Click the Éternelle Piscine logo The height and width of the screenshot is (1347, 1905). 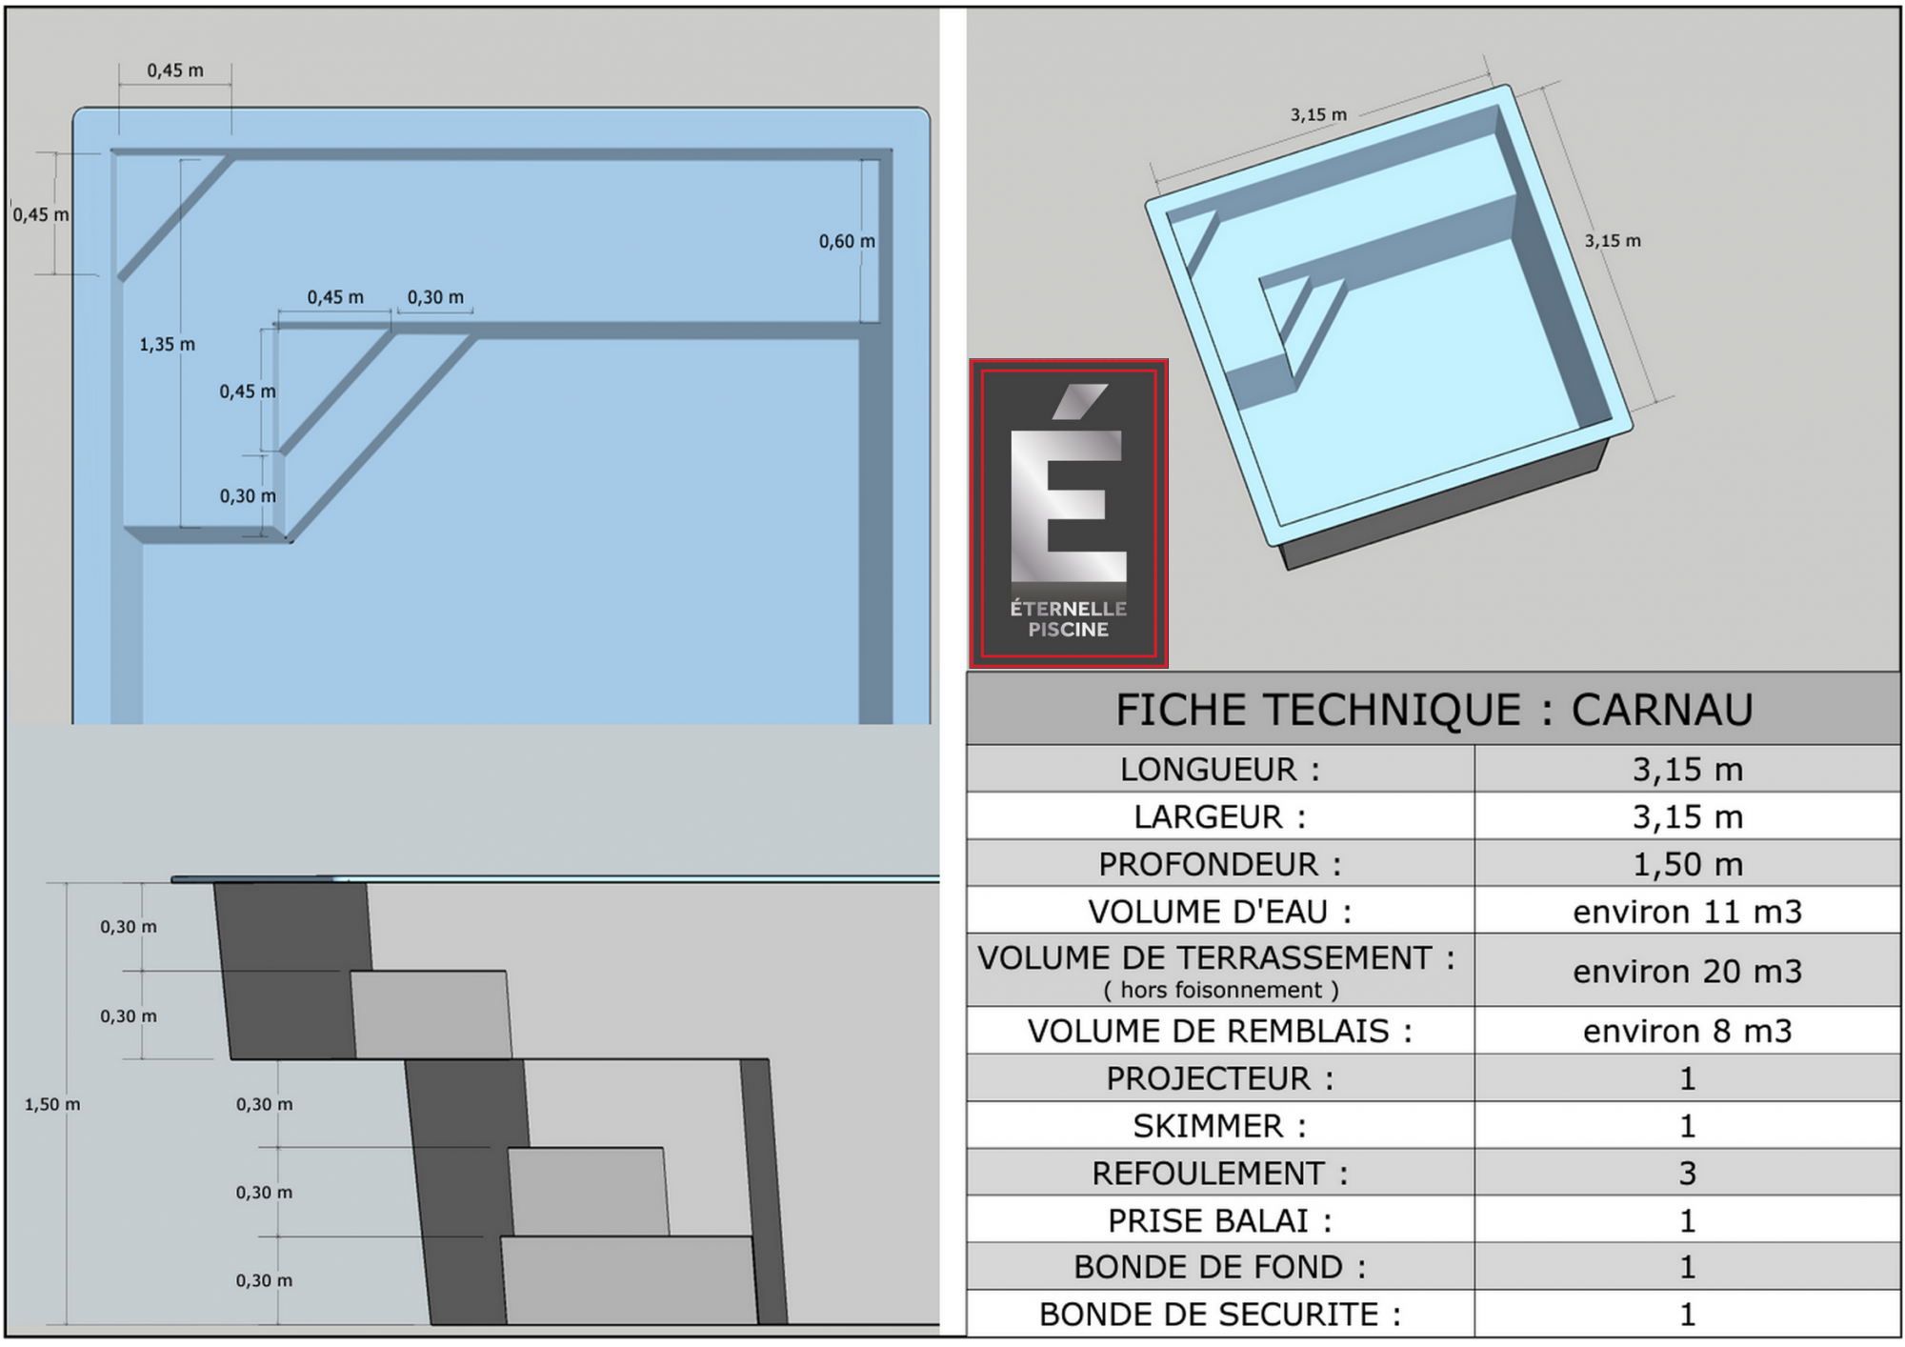coord(1069,513)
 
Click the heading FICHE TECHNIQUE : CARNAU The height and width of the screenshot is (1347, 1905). coord(1434,710)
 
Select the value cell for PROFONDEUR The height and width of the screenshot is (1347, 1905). coord(1688,864)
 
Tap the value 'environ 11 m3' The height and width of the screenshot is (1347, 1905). coord(1688,912)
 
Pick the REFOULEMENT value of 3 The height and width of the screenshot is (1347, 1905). coord(1688,1173)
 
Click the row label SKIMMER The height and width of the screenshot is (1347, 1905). coord(1220,1126)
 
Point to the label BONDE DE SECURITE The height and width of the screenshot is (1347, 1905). coord(1220,1315)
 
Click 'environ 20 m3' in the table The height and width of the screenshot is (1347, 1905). coord(1688,971)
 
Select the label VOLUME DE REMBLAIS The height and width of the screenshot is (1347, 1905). coord(1220,1031)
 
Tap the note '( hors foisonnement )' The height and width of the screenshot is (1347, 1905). coord(1221,990)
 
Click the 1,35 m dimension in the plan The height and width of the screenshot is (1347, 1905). coord(168,344)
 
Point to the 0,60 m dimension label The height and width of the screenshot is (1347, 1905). coord(847,241)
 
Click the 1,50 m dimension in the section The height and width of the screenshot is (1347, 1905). coord(52,1104)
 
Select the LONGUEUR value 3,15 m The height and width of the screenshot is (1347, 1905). coord(1688,769)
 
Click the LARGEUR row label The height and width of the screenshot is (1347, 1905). coord(1220,816)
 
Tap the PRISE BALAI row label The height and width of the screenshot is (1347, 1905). coord(1220,1220)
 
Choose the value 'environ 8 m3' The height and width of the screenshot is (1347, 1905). coord(1688,1031)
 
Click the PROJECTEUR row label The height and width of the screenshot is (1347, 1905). coord(1220,1078)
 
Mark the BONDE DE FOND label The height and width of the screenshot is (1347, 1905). coord(1220,1267)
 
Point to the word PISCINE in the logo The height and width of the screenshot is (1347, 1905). coord(1069,630)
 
